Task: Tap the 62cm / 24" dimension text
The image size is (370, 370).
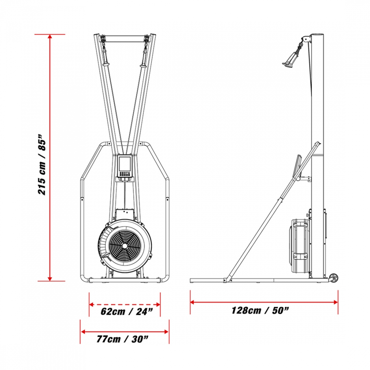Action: [x=127, y=312]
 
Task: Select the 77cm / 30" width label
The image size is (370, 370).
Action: [x=122, y=339]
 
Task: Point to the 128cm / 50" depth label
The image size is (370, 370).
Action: [x=260, y=310]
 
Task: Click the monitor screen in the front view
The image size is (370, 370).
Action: [x=125, y=164]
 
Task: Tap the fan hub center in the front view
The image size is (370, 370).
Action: [x=124, y=246]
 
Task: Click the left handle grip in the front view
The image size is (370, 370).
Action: [x=105, y=55]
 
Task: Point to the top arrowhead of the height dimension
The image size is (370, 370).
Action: [x=50, y=36]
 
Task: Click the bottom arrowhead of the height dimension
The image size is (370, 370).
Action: [x=50, y=279]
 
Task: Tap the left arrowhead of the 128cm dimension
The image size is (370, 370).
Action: [x=192, y=302]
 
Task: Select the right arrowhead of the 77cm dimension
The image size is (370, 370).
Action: [x=166, y=332]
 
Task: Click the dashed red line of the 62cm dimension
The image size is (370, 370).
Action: [x=125, y=305]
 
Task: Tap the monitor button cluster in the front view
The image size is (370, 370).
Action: [x=125, y=174]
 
